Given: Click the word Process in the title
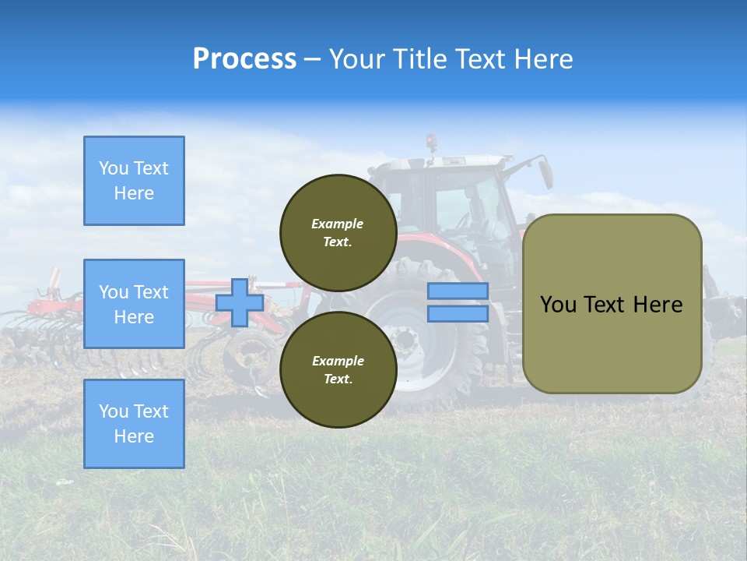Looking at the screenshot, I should pos(244,59).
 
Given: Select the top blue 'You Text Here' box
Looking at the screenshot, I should pos(134,181).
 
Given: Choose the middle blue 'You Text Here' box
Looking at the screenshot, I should pos(134,304).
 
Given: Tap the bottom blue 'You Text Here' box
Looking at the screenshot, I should pos(134,423).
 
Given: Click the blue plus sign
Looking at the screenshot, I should pos(240,302).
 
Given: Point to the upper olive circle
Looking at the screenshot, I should pos(338,232).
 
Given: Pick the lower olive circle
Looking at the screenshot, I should pos(338,369).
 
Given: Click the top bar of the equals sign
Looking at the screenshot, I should pos(458,291).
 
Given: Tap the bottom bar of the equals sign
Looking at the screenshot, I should pos(458,313).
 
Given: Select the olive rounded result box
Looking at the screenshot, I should pos(612,304).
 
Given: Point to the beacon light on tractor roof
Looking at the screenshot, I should pos(431,142).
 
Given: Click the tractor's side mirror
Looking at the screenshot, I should pos(546,171).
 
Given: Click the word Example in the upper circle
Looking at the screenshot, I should pos(338,224).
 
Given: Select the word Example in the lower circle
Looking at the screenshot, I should pos(338,361).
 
